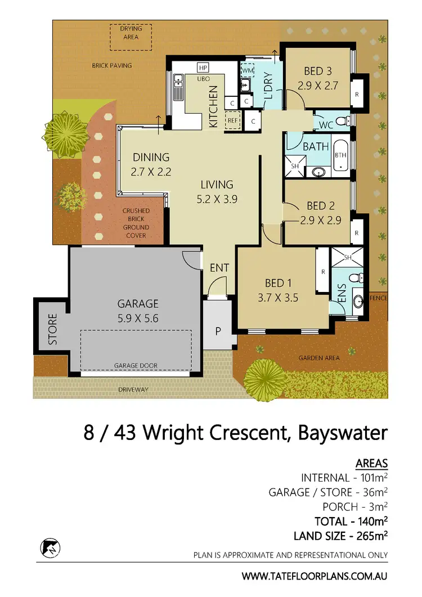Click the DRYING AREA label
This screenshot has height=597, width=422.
pyautogui.click(x=131, y=33)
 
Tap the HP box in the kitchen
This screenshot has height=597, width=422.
pyautogui.click(x=203, y=68)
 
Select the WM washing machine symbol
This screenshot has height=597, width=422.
pyautogui.click(x=248, y=71)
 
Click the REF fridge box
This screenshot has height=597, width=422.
pyautogui.click(x=232, y=120)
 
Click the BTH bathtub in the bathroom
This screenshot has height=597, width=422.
pyautogui.click(x=340, y=155)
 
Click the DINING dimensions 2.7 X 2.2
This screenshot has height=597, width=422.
pyautogui.click(x=150, y=172)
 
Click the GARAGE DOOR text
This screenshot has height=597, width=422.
pyautogui.click(x=136, y=365)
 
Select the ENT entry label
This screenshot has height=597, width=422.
pyautogui.click(x=219, y=268)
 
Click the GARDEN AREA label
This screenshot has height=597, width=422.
pyautogui.click(x=318, y=358)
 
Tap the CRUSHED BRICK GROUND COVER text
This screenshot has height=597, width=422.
pyautogui.click(x=136, y=223)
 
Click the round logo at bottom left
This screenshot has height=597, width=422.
pyautogui.click(x=49, y=547)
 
